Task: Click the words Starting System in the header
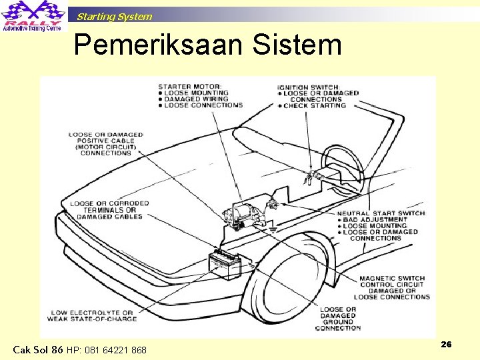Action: [x=114, y=17]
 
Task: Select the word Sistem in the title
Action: [x=297, y=45]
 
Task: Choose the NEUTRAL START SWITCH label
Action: [x=381, y=213]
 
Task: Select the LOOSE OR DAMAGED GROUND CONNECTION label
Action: [x=338, y=319]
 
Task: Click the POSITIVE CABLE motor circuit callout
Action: [x=105, y=144]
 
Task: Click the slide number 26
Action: [x=446, y=344]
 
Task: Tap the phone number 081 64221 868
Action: [x=107, y=350]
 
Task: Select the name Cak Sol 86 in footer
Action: [x=38, y=349]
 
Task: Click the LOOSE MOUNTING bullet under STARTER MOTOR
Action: [x=195, y=93]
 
